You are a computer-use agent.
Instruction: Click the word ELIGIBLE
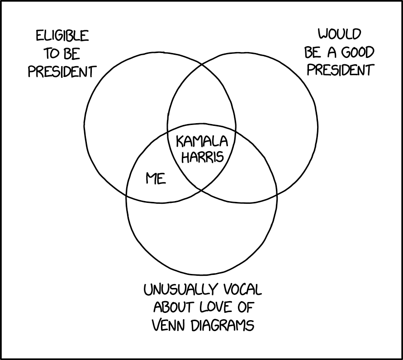coord(62,36)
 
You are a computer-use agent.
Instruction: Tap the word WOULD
coord(340,34)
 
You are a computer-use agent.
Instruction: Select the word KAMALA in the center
coord(202,141)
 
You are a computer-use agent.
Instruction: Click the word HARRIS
coord(203,157)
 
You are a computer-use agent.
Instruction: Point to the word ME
coord(156,178)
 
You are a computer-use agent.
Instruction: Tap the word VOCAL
coord(242,290)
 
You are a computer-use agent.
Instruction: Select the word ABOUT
coord(174,307)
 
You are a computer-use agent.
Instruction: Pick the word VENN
coord(169,325)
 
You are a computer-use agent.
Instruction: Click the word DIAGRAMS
coord(223,325)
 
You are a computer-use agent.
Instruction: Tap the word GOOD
coord(358,53)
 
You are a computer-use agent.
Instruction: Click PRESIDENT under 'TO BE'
coord(62,72)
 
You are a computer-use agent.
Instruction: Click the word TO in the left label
coord(52,54)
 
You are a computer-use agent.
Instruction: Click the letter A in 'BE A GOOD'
coord(332,53)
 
